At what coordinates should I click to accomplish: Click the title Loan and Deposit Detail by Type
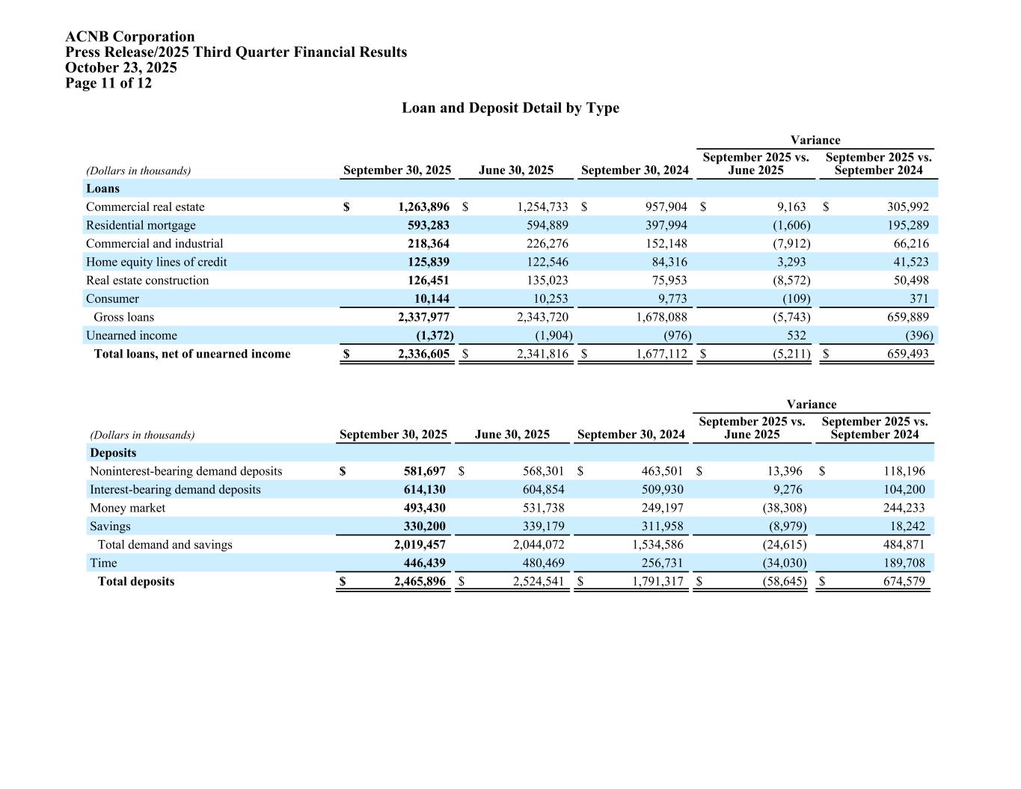[510, 108]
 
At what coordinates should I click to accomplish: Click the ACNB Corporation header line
[129, 37]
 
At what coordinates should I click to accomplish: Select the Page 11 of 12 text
[108, 83]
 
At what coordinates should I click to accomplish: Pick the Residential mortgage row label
[141, 225]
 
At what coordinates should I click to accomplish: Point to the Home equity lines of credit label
[156, 262]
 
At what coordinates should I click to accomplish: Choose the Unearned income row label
[132, 336]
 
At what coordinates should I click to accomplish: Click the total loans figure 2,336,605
[423, 354]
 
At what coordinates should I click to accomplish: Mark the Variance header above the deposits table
[811, 405]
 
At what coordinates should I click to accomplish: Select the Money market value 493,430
[424, 508]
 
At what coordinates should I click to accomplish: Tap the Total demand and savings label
[165, 544]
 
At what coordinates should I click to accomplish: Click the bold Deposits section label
[113, 452]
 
